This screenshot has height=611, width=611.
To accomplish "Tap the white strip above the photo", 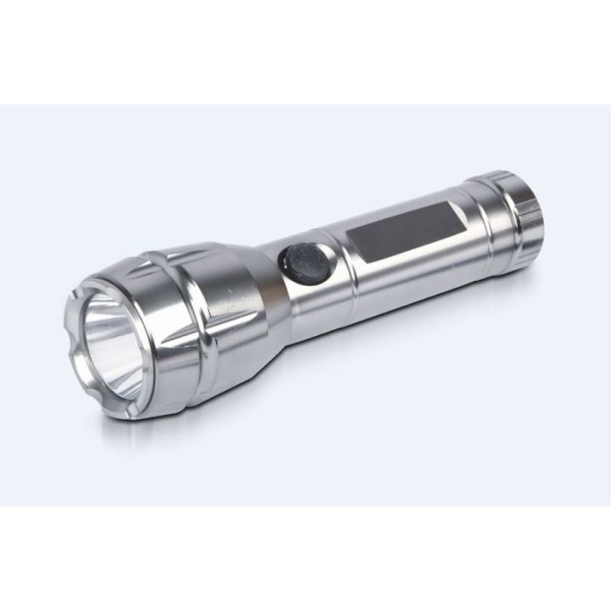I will (305, 51).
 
